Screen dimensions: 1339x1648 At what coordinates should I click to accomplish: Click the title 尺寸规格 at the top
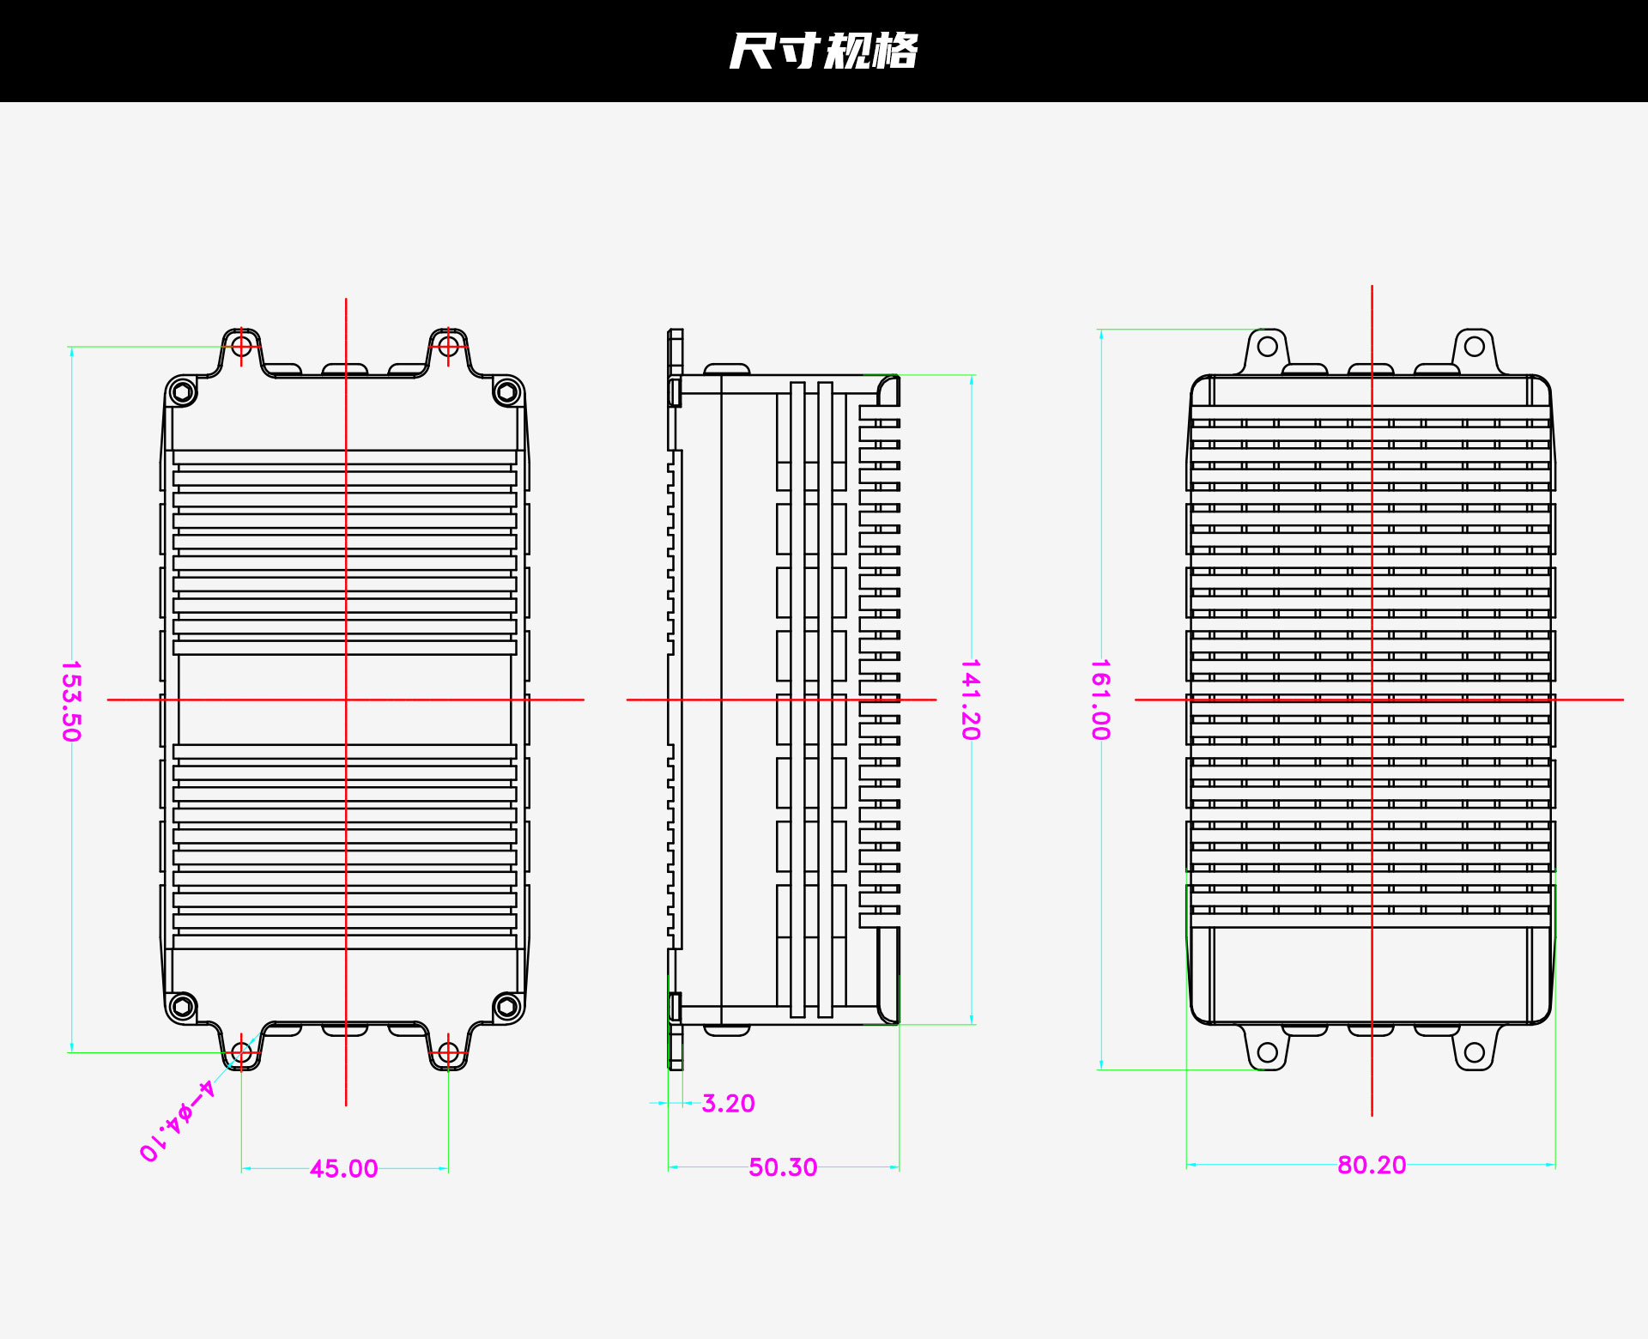click(x=823, y=51)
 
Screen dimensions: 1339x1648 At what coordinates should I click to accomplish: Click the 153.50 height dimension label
click(x=71, y=700)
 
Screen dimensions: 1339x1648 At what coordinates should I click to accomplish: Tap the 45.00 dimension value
click(x=343, y=1168)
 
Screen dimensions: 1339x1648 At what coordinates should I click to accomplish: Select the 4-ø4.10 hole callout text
click(x=177, y=1121)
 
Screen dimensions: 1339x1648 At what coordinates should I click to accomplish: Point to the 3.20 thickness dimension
click(x=728, y=1103)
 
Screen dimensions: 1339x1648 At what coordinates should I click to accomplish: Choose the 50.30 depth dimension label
click(x=783, y=1167)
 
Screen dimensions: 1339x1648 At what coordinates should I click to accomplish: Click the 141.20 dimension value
click(x=970, y=700)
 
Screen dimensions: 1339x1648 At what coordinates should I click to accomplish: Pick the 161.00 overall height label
click(x=1100, y=700)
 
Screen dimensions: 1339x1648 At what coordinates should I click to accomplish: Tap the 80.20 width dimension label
click(x=1372, y=1165)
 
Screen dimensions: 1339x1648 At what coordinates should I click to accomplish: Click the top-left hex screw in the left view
click(x=181, y=392)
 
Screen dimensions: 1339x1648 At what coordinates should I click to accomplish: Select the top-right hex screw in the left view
click(x=507, y=392)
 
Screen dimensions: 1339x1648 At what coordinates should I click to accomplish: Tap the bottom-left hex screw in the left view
click(x=181, y=1006)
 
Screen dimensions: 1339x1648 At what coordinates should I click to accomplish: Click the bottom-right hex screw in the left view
click(x=507, y=1006)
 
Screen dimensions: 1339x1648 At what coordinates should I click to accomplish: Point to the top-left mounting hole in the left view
click(x=241, y=346)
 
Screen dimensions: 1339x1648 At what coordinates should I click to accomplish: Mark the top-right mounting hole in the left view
click(x=448, y=346)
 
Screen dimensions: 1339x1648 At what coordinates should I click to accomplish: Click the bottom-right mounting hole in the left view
click(x=448, y=1052)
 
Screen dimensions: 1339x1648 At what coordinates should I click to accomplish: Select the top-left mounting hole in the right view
click(x=1268, y=347)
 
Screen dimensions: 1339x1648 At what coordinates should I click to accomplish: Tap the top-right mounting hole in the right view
click(x=1475, y=347)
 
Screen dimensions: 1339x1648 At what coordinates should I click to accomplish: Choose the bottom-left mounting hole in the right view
click(x=1268, y=1052)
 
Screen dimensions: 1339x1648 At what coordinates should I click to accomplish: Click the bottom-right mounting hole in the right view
click(x=1475, y=1052)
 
